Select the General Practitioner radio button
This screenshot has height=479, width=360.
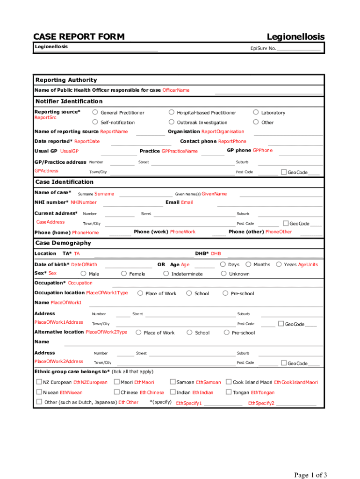[95, 112]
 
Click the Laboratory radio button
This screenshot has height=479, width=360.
[256, 112]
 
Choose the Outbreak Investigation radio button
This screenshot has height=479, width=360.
[172, 122]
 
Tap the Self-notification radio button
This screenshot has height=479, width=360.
[95, 122]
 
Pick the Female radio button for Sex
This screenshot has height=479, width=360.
[124, 274]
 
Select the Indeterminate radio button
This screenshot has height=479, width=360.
[166, 274]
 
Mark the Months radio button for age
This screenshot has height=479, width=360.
[248, 264]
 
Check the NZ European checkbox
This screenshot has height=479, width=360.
[39, 382]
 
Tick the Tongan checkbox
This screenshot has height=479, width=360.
[229, 392]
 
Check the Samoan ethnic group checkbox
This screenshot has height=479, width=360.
[173, 382]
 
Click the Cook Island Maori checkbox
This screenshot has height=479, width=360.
[229, 382]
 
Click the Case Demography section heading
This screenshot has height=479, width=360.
[63, 243]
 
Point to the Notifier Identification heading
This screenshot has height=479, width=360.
[69, 101]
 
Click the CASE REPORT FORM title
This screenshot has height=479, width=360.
[79, 37]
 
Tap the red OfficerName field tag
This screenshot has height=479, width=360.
[176, 90]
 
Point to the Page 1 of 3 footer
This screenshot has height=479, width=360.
[310, 475]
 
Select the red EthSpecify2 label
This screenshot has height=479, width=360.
[261, 403]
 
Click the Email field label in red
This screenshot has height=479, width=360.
[187, 202]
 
